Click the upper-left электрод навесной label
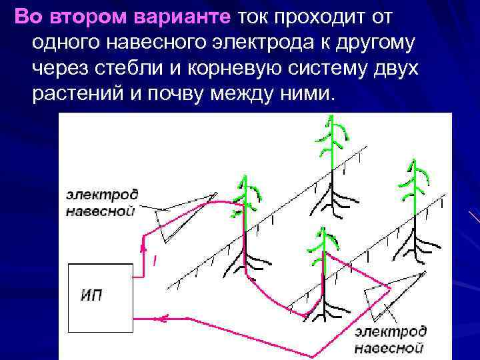[102, 203]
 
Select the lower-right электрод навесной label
[390, 339]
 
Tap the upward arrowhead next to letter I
[143, 249]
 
